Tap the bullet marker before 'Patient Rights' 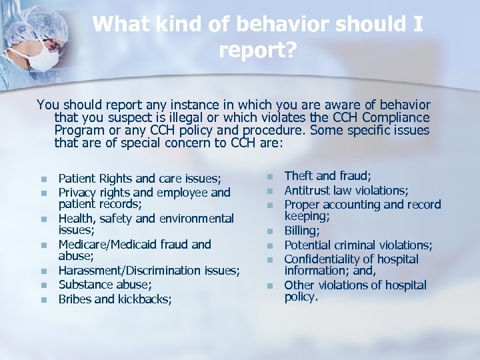pyautogui.click(x=43, y=179)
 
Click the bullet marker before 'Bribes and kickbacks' pyautogui.click(x=43, y=300)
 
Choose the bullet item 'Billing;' pyautogui.click(x=302, y=231)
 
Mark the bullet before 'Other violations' pyautogui.click(x=269, y=286)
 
